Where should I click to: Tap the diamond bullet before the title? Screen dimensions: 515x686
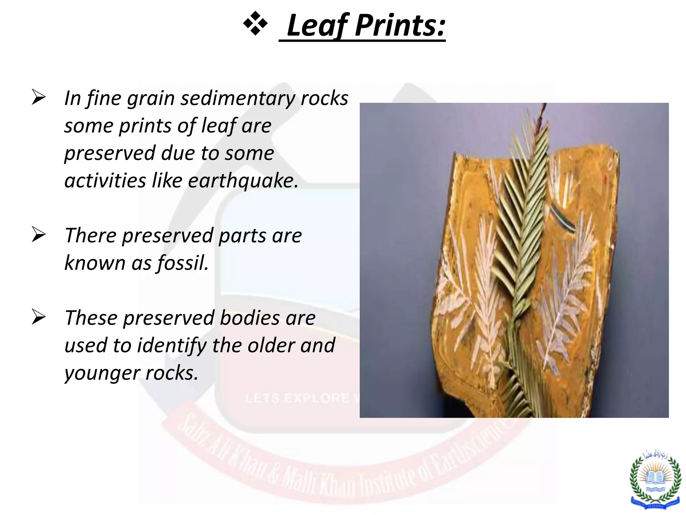[255, 23]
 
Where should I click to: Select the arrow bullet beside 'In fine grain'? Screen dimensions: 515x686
[38, 98]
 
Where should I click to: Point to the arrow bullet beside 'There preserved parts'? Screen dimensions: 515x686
[38, 235]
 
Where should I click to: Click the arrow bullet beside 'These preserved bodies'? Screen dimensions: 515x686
[38, 317]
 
